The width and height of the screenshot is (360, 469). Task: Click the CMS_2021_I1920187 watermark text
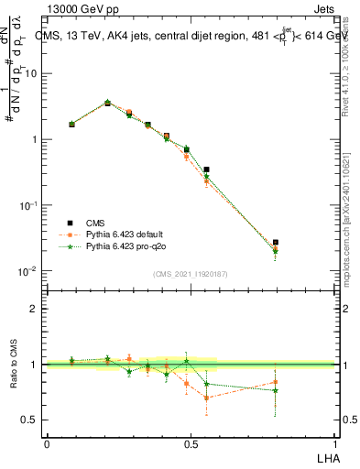[191, 274]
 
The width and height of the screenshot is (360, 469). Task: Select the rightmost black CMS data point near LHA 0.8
[276, 243]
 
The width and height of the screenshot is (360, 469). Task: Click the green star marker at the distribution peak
[107, 103]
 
